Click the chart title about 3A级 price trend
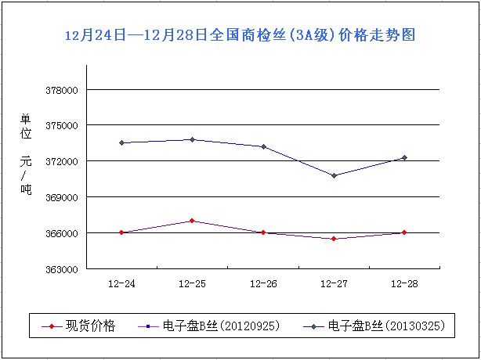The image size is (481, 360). point(240,35)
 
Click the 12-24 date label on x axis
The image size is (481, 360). point(121,283)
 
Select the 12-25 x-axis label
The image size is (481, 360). point(192,283)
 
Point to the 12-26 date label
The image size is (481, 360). point(262,283)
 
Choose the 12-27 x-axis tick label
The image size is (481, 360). point(334,283)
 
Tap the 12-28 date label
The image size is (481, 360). point(404,283)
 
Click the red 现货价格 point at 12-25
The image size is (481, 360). point(193,221)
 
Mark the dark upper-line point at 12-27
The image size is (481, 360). point(335,175)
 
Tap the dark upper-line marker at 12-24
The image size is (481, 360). point(122,142)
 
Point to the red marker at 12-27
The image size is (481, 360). point(335,239)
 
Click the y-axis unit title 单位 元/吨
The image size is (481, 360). point(26,154)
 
